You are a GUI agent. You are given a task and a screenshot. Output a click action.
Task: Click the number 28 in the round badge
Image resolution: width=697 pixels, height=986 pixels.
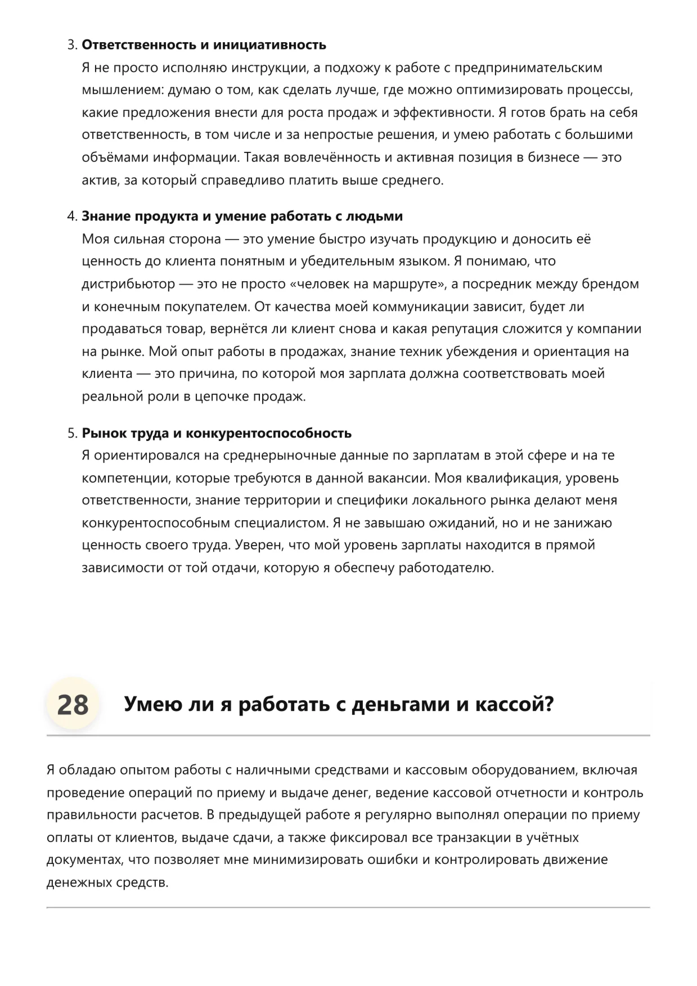tap(73, 705)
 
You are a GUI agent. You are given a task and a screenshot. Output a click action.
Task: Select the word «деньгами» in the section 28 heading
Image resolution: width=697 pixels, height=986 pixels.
tap(401, 704)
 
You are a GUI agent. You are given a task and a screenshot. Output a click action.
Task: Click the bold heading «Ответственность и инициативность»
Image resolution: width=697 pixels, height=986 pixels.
tap(204, 45)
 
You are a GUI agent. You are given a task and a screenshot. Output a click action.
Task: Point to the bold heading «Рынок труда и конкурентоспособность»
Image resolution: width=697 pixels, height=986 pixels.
tap(217, 433)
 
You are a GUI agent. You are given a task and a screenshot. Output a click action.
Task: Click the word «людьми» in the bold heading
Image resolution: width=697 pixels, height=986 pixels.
tap(374, 217)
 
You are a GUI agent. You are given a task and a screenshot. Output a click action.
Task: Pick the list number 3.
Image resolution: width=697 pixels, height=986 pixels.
tap(71, 45)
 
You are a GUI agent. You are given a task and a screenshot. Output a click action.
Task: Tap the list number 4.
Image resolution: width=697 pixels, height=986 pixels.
tap(71, 217)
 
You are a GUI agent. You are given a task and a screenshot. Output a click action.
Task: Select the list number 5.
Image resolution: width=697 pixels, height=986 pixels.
tap(71, 433)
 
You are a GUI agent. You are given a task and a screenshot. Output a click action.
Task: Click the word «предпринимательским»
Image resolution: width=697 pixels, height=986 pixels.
tap(528, 68)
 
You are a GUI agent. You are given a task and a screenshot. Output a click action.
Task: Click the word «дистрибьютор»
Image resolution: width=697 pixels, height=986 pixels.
tap(128, 284)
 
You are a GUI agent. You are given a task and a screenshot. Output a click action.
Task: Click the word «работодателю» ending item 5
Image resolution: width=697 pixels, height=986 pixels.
tap(446, 568)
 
